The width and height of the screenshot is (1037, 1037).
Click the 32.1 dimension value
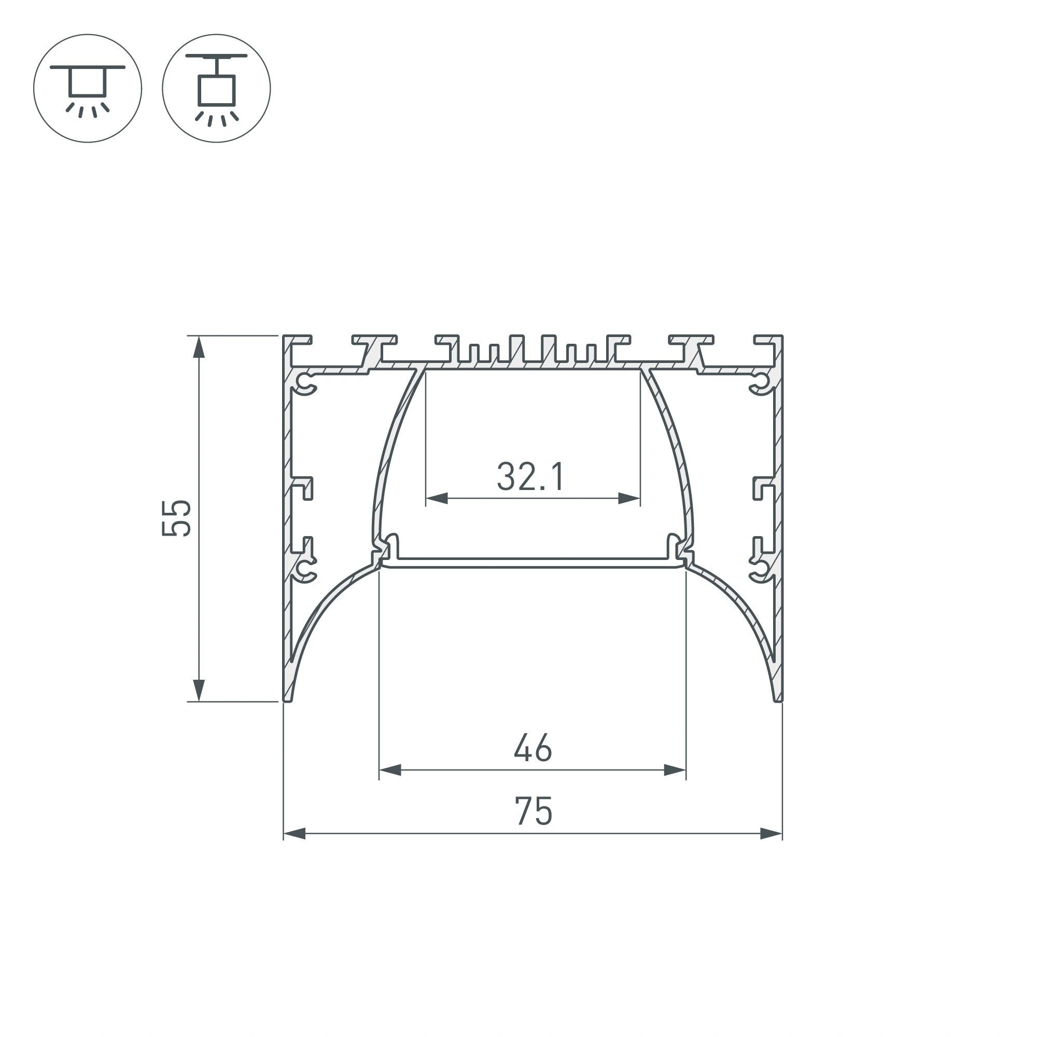point(530,477)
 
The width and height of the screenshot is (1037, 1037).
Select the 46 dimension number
point(532,748)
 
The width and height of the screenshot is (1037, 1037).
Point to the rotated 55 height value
point(176,518)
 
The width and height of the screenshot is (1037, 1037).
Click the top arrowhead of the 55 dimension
point(199,346)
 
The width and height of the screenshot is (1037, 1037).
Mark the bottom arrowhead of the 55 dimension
point(199,690)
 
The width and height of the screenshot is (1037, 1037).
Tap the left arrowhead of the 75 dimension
point(294,834)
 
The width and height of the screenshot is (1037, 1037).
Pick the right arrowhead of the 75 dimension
point(772,834)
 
